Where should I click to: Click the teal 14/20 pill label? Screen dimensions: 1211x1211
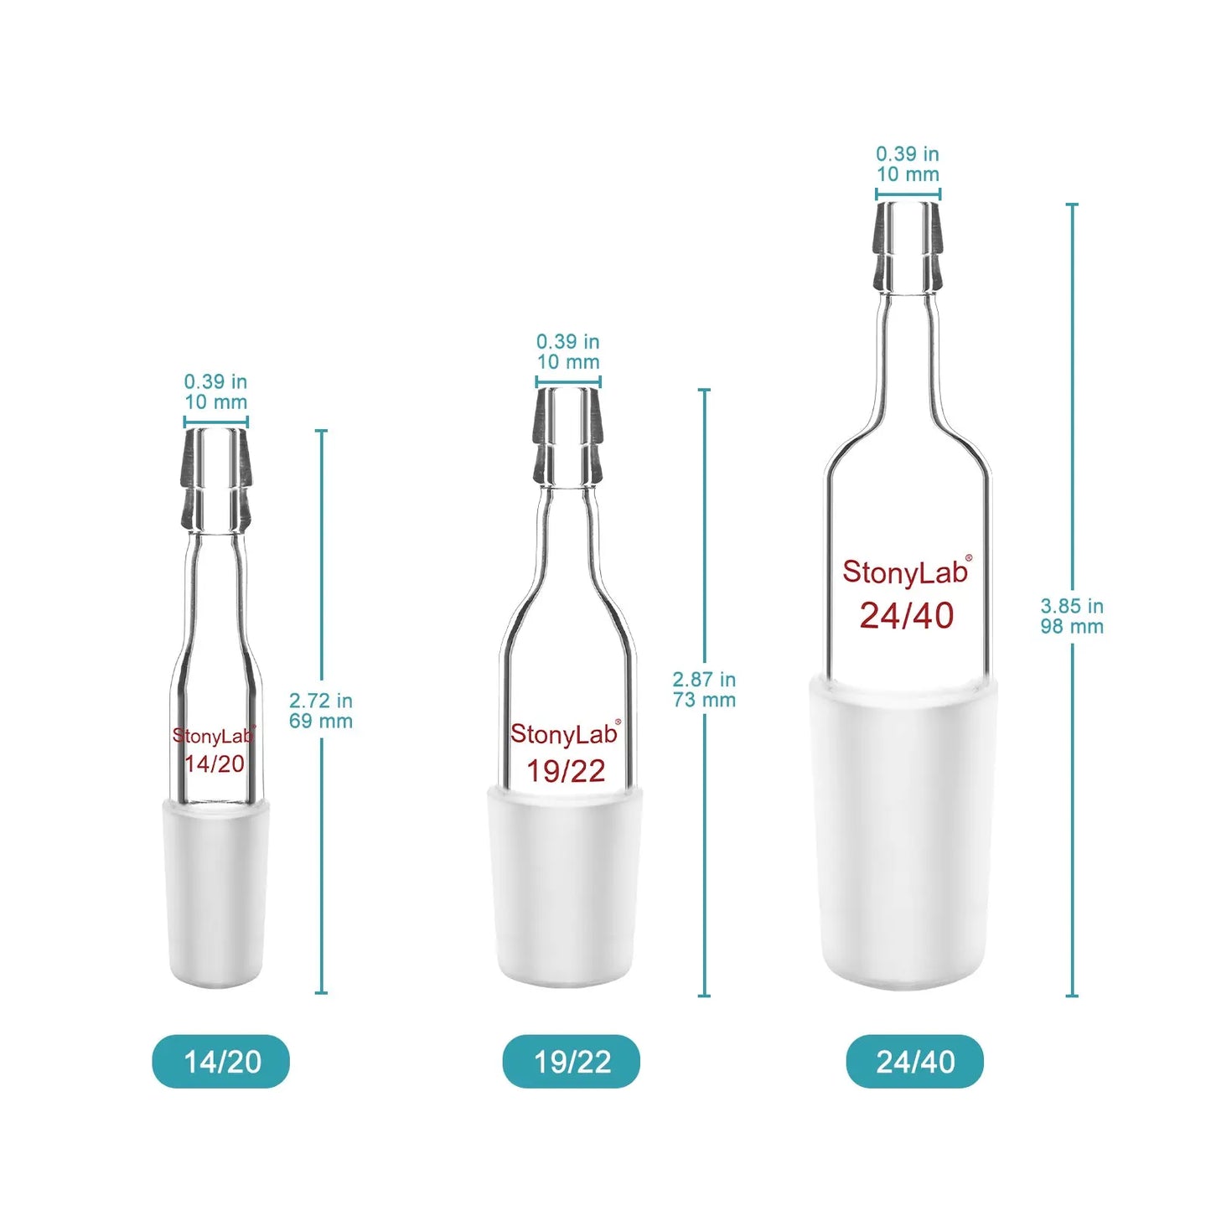pyautogui.click(x=221, y=1062)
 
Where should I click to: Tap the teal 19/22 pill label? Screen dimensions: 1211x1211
pyautogui.click(x=572, y=1062)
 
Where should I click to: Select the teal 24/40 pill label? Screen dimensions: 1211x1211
pyautogui.click(x=914, y=1062)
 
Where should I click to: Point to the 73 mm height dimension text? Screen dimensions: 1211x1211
pyautogui.click(x=704, y=700)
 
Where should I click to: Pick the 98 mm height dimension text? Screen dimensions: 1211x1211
pyautogui.click(x=1072, y=626)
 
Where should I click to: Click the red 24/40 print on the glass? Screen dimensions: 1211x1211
pyautogui.click(x=906, y=615)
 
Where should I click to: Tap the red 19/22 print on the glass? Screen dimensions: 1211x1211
pyautogui.click(x=566, y=770)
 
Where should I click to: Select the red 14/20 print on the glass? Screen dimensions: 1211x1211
pyautogui.click(x=215, y=763)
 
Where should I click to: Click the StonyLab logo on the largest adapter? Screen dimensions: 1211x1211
pyautogui.click(x=906, y=572)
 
